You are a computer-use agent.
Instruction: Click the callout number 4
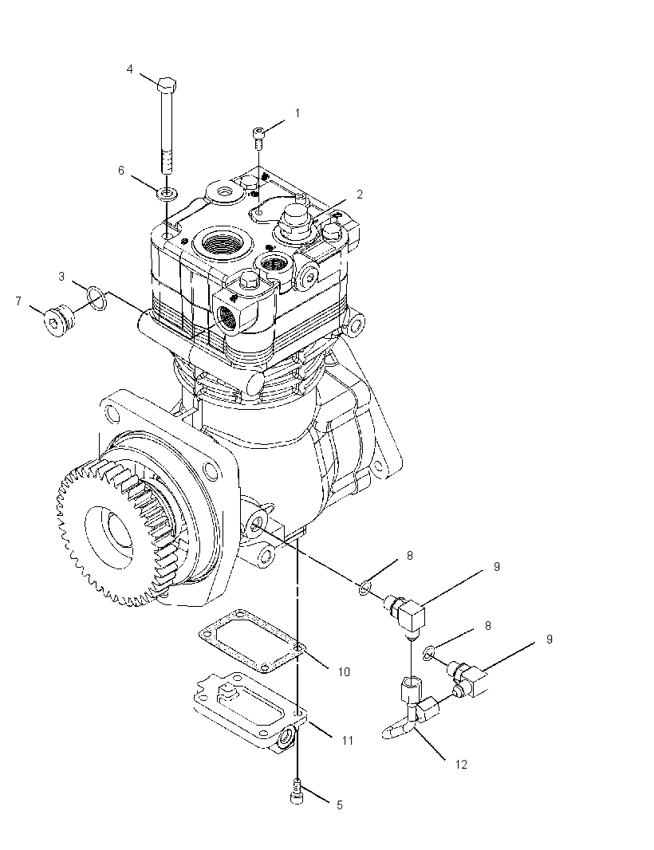point(130,69)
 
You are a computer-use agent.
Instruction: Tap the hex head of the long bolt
point(167,85)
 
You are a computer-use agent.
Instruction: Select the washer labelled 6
point(167,192)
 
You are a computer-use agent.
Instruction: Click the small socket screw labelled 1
point(259,137)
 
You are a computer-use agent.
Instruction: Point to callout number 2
point(360,194)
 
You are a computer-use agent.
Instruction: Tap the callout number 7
point(18,301)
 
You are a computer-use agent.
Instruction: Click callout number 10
point(344,671)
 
